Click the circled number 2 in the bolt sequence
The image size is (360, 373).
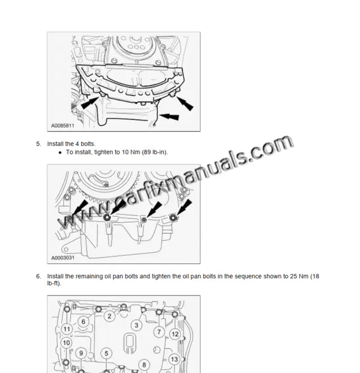coord(110,316)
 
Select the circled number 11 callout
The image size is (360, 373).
coord(66,329)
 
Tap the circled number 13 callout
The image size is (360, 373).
coord(174,360)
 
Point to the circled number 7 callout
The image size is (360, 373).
coord(159,332)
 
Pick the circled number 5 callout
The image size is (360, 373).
coord(107,353)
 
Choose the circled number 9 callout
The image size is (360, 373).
coord(81,353)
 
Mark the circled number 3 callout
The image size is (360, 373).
coord(136,325)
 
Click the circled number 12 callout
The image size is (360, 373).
coord(174,334)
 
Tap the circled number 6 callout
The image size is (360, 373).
coord(83,322)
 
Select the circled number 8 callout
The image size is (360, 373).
coord(143,365)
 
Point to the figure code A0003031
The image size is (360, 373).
coord(63,257)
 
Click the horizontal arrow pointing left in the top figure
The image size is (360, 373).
coord(172,117)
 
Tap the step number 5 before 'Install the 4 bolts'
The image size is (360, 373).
coord(39,144)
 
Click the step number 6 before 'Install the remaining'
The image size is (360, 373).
coord(39,276)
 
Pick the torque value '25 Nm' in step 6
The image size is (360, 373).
coord(298,276)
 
